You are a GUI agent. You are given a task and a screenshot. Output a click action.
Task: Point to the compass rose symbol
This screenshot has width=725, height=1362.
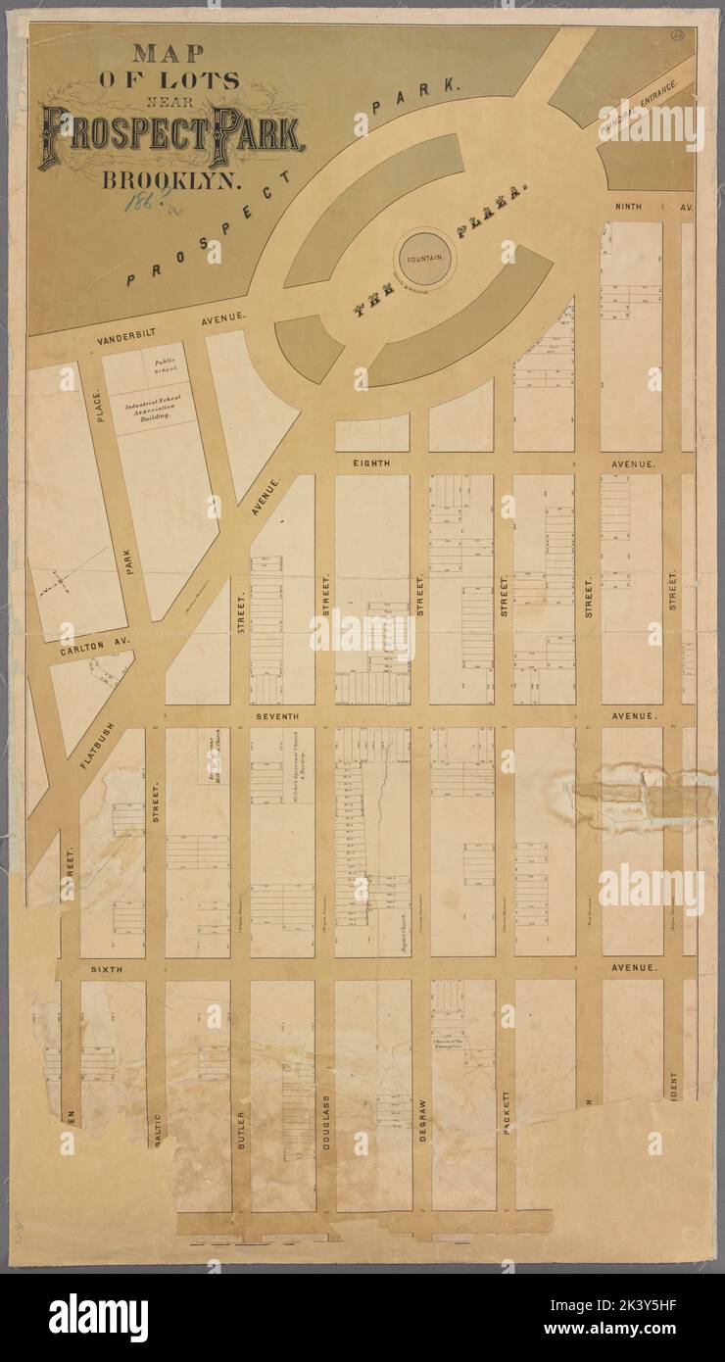[x=61, y=584]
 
